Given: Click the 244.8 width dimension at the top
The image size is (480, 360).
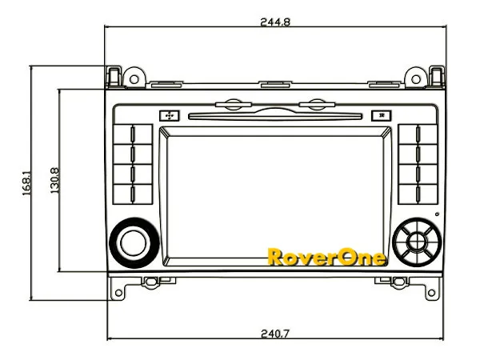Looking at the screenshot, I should click(x=275, y=22).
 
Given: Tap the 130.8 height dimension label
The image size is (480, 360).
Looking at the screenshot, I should click(x=54, y=180).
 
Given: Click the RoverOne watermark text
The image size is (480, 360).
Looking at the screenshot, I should click(x=326, y=258).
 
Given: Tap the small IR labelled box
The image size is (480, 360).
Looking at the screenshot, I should click(x=382, y=115).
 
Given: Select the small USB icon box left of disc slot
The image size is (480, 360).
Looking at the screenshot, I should click(x=168, y=115).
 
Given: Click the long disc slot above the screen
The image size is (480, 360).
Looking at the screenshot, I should click(x=274, y=115).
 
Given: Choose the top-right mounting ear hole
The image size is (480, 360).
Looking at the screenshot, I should click(x=437, y=74).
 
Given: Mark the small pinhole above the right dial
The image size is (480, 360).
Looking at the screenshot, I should click(x=437, y=214).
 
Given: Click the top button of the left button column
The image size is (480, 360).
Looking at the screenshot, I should click(x=132, y=134).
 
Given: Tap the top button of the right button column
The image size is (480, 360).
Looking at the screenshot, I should click(x=416, y=134).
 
